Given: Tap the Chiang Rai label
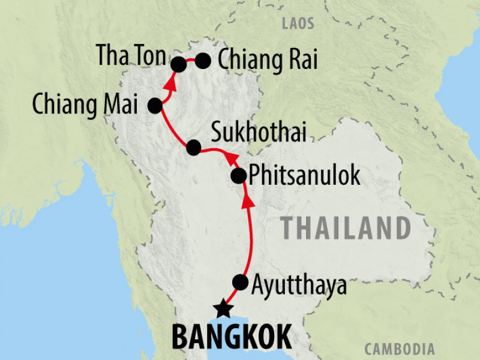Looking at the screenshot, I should (x=266, y=60).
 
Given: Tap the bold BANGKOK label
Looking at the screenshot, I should (x=232, y=337).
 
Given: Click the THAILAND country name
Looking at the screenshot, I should (x=346, y=228).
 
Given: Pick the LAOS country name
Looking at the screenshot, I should (x=298, y=25).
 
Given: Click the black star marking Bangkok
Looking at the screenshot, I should (x=223, y=309).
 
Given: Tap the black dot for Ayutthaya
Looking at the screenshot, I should (x=240, y=281).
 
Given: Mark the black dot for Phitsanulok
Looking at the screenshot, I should (x=238, y=176).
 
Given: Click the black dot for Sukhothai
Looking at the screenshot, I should (x=193, y=147).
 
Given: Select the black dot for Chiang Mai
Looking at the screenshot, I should (x=155, y=106).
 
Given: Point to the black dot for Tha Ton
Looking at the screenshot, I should (x=178, y=64).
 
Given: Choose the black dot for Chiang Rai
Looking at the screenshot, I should (x=203, y=60).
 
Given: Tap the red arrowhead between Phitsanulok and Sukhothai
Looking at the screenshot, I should (x=229, y=157).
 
